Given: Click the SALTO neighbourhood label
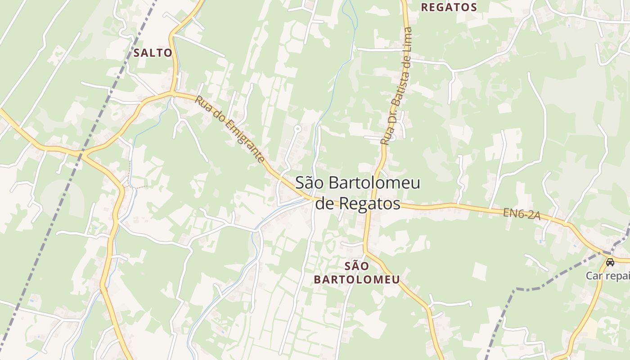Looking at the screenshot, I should pyautogui.click(x=153, y=53).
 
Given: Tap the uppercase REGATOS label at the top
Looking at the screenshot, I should pyautogui.click(x=449, y=7).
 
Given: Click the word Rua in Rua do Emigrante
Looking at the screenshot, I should pyautogui.click(x=202, y=103).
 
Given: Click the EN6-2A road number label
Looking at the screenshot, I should pyautogui.click(x=521, y=213).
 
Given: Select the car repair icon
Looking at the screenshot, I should pyautogui.click(x=610, y=262).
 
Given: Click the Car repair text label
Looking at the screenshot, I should pyautogui.click(x=607, y=275).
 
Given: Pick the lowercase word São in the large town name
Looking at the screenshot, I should pyautogui.click(x=309, y=183).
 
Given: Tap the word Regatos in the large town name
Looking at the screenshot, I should pyautogui.click(x=370, y=203).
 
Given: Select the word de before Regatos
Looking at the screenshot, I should pyautogui.click(x=325, y=203).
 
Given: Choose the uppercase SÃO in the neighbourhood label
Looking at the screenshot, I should pyautogui.click(x=357, y=265).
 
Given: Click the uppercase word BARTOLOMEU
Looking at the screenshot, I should pyautogui.click(x=357, y=279).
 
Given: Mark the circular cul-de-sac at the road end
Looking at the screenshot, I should pyautogui.click(x=297, y=129).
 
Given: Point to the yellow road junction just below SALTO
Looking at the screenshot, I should pyautogui.click(x=173, y=94).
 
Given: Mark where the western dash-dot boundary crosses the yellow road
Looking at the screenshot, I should pyautogui.click(x=82, y=154).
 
